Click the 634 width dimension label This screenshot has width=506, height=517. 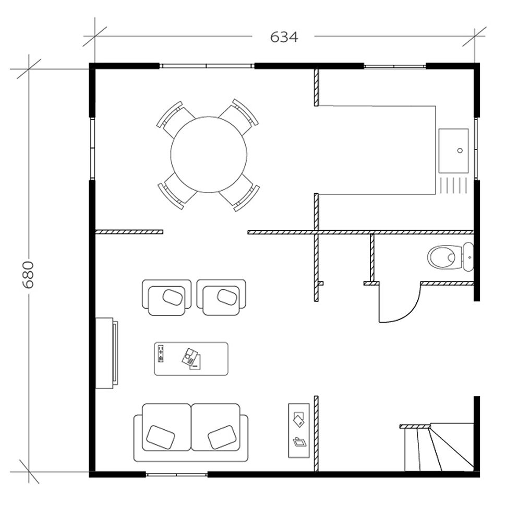tap(284, 37)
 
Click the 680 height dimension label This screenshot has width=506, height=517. tap(28, 274)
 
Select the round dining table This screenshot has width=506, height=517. tap(208, 155)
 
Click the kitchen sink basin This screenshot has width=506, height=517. tap(453, 150)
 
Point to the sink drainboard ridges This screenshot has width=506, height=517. tap(453, 185)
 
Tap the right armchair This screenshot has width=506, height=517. tap(221, 297)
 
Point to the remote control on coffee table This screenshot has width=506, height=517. tap(161, 354)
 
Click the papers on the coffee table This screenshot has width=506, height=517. tap(191, 359)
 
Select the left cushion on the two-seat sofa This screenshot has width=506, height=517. tap(161, 436)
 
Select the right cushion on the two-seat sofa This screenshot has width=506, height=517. tap(222, 437)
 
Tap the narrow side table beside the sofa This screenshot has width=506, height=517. tap(299, 430)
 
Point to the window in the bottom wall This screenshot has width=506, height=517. tap(176, 474)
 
